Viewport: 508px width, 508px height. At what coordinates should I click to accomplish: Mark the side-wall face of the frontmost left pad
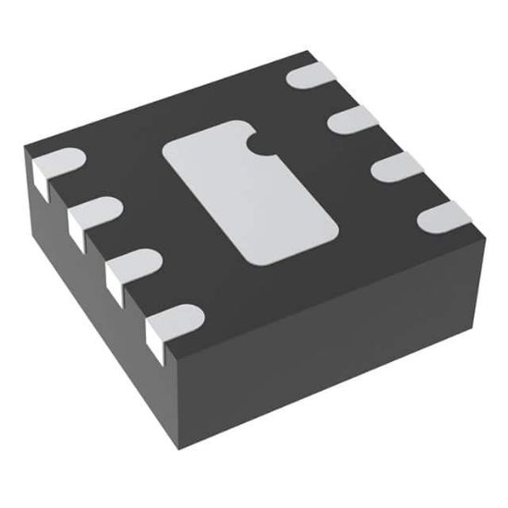(159, 347)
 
